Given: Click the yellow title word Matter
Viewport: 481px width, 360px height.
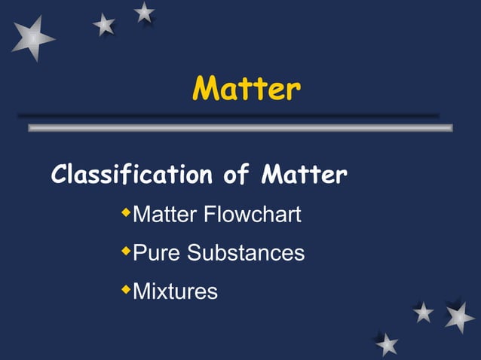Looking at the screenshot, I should [x=247, y=90].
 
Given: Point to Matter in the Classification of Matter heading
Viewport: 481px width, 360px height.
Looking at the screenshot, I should [x=304, y=176].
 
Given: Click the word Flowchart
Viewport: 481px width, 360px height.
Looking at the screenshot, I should [x=253, y=215].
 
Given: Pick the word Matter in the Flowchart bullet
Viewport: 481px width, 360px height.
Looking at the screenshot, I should [x=165, y=215].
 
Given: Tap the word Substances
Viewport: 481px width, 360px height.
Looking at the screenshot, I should [x=246, y=252].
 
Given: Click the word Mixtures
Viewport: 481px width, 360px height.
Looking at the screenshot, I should [x=175, y=290].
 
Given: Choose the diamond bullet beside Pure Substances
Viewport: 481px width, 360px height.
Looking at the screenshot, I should [x=126, y=251].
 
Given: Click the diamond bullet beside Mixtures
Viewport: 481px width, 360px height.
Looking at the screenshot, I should [x=126, y=288].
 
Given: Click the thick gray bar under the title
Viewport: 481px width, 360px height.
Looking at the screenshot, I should [x=240, y=128].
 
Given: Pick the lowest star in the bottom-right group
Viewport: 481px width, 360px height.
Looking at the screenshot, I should [x=387, y=344].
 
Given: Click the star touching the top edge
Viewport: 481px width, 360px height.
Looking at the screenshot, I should [x=144, y=11].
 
